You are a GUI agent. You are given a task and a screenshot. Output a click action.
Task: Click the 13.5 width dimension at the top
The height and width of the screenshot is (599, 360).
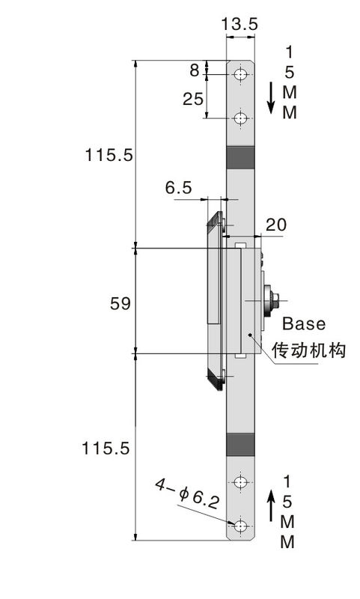coord(240,24)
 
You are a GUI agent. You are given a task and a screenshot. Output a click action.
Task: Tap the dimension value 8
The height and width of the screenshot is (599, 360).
coord(195,70)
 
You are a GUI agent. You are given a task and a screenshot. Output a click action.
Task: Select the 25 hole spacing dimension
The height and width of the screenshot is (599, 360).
coord(193,99)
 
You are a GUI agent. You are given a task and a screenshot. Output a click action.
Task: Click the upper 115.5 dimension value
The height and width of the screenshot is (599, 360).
coord(109,155)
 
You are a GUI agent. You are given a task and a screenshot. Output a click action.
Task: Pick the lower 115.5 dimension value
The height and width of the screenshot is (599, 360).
coord(106,448)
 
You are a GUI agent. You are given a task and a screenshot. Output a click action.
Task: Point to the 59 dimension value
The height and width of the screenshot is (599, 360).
coord(120,303)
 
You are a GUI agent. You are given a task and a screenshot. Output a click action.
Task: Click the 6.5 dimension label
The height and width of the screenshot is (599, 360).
coord(178,188)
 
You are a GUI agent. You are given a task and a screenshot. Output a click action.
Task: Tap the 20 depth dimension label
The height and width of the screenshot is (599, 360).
coord(275,225)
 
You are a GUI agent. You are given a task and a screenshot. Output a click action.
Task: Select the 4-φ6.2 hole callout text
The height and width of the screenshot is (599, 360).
coord(187,494)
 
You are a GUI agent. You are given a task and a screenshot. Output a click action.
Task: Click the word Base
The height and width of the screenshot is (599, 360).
coord(304,323)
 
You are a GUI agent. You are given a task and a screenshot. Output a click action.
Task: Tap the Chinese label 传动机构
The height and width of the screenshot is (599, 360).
coord(308,350)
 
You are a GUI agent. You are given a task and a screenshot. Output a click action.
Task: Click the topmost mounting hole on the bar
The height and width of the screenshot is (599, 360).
coord(240,74)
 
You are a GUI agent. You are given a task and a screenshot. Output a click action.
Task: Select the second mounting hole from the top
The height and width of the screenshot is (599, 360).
coord(240,118)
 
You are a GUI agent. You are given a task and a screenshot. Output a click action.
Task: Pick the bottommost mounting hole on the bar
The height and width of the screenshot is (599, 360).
coord(240,526)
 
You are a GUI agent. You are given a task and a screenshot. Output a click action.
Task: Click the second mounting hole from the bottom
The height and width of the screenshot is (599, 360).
coord(240,482)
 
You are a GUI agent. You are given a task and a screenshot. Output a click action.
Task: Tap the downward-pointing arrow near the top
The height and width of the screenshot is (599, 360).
coord(271,98)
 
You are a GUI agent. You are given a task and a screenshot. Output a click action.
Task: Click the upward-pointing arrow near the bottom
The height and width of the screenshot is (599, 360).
coord(271,506)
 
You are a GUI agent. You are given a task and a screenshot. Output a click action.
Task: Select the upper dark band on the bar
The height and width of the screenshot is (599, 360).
coord(240,157)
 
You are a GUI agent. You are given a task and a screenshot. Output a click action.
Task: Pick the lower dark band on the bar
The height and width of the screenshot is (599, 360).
coord(240,445)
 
